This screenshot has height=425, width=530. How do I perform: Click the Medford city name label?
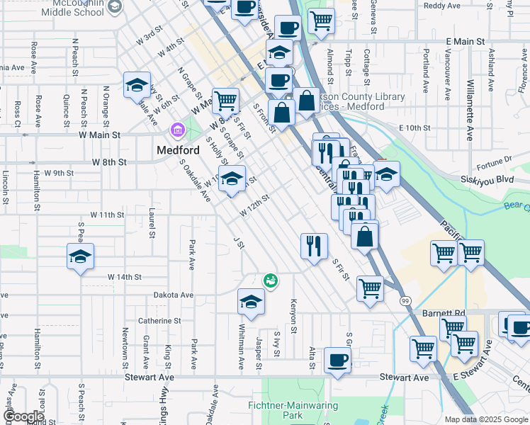click(x=176, y=150)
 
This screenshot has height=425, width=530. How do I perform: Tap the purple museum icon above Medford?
click(x=176, y=131)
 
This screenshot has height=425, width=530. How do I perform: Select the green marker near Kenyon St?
click(x=270, y=281)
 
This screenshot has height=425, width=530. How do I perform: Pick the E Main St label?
click(x=465, y=42)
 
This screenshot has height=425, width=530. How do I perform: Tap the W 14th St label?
click(x=125, y=277)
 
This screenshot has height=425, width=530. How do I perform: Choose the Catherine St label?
click(x=165, y=321)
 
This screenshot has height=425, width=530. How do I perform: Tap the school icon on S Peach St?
click(x=81, y=256)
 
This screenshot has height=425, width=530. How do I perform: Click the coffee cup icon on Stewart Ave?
click(x=337, y=360)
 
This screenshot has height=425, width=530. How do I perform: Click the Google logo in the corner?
click(x=23, y=416)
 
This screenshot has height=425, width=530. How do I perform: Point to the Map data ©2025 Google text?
click(x=485, y=419)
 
